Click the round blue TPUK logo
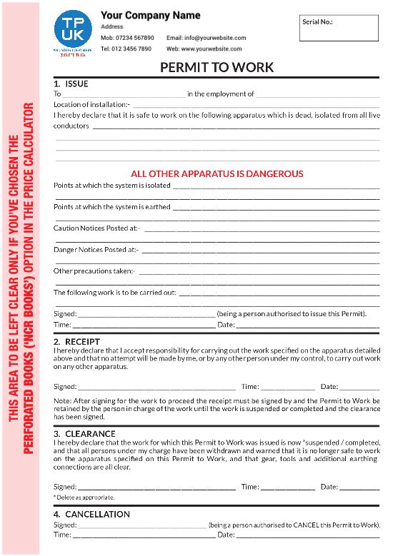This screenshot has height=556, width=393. tap(73, 29)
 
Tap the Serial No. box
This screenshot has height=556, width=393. tap(339, 28)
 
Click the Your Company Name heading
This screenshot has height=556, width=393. tap(151, 15)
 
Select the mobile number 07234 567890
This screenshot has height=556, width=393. tap(136, 38)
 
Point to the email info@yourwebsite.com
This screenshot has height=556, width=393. tap(206, 38)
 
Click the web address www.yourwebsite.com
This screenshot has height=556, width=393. tap(214, 49)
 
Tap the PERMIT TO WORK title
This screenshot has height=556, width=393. tap(217, 68)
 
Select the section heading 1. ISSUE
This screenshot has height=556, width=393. tap(71, 84)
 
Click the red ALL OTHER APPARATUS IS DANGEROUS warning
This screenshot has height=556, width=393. tap(217, 173)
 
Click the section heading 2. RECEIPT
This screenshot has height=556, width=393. tap(77, 341)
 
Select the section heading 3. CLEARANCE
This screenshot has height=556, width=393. tap(84, 433)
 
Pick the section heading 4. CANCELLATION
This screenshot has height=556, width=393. tap(91, 514)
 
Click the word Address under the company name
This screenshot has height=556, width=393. tap(111, 26)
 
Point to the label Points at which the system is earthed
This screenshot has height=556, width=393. tap(112, 207)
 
